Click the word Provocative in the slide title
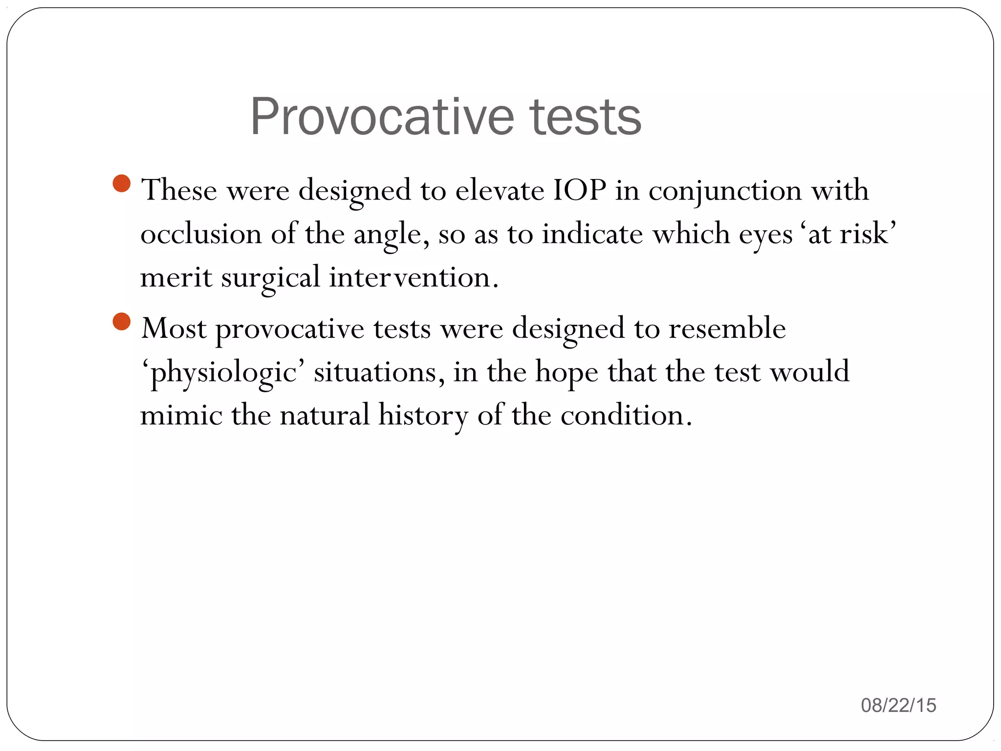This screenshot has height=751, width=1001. [x=382, y=117]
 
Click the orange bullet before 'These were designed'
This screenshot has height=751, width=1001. [x=122, y=183]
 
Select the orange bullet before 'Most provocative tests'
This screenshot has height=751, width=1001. [x=122, y=322]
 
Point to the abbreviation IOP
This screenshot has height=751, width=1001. [x=580, y=190]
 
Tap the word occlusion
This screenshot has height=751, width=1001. [x=201, y=234]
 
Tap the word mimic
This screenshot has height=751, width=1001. [x=181, y=415]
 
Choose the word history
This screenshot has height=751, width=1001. [x=423, y=416]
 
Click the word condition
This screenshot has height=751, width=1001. [x=626, y=415]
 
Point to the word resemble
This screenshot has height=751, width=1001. [x=727, y=328]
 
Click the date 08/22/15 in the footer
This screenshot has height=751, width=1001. [x=898, y=706]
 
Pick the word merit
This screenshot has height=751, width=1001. [x=176, y=277]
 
